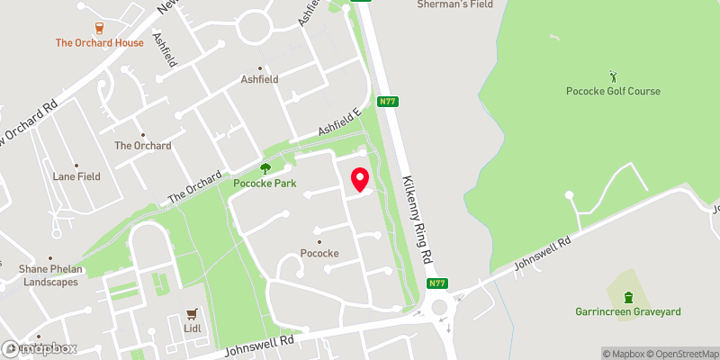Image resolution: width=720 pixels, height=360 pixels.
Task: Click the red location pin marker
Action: (360, 180)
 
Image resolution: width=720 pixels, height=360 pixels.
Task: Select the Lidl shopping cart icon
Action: (191, 314)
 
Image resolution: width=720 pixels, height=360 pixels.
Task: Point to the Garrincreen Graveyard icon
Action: (628, 297)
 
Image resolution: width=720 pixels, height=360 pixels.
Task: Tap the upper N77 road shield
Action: (388, 102)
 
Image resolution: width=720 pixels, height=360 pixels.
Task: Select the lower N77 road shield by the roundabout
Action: (436, 284)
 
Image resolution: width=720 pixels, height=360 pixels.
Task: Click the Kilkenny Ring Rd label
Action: (420, 214)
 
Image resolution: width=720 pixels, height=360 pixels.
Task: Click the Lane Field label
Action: (76, 176)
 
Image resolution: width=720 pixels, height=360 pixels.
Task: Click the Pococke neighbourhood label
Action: (319, 253)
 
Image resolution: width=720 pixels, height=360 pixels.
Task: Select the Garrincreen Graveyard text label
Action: (628, 312)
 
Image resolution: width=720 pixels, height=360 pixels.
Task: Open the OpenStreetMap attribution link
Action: (680, 353)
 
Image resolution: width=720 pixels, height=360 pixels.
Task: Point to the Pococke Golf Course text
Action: (614, 91)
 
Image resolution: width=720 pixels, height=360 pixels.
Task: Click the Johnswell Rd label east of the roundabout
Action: (542, 255)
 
